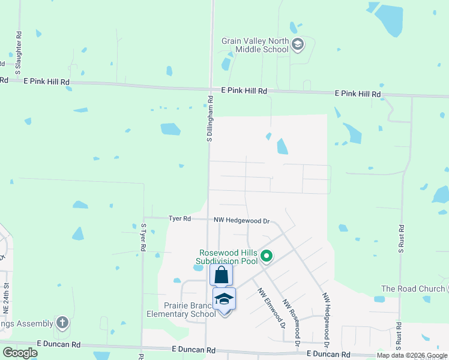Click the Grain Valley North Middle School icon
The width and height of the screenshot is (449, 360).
click(x=298, y=44)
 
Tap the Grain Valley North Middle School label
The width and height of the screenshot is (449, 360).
click(x=255, y=45)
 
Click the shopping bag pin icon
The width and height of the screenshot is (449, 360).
click(x=221, y=275)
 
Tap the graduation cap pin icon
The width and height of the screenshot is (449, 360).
click(x=224, y=299)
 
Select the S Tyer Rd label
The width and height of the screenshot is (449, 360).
click(x=143, y=236)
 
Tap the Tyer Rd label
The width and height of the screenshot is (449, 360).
click(x=179, y=219)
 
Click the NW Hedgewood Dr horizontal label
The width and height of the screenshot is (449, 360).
click(x=242, y=221)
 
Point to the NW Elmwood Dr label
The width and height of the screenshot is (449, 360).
click(x=271, y=308)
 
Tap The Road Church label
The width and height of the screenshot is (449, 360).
click(x=412, y=289)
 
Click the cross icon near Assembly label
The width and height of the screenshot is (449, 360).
click(x=62, y=323)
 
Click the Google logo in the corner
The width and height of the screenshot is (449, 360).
click(x=20, y=353)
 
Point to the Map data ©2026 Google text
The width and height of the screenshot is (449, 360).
click(x=412, y=355)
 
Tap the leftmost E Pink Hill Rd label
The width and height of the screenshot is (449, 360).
click(x=47, y=81)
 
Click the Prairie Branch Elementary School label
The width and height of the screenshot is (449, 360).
click(x=182, y=308)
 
